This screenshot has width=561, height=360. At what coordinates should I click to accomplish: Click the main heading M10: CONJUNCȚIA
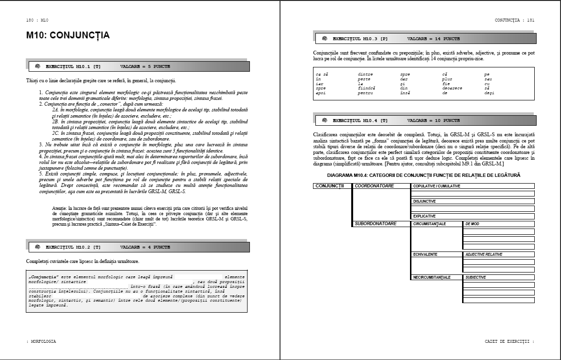[68, 35]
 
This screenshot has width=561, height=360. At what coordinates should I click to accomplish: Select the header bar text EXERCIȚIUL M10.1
[73, 66]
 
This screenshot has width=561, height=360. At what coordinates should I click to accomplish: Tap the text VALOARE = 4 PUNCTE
[145, 247]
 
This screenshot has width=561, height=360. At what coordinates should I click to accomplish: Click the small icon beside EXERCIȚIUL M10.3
[325, 37]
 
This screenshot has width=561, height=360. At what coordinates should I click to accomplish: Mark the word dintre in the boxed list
[365, 75]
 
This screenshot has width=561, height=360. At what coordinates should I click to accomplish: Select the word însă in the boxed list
[406, 92]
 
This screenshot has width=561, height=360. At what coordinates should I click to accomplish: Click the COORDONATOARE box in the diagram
[374, 185]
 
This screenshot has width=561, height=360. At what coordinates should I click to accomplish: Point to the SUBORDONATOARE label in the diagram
[376, 223]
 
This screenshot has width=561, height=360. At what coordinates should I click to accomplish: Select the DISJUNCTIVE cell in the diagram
[425, 201]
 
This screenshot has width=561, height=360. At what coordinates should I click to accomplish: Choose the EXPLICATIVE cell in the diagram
[425, 216]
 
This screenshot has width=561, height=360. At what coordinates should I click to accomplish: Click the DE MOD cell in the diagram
[473, 224]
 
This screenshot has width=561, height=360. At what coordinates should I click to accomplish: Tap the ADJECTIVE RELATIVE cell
[484, 254]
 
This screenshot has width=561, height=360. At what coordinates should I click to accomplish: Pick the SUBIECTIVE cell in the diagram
[476, 277]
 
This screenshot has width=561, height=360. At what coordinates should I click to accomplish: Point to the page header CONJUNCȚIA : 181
[514, 21]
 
